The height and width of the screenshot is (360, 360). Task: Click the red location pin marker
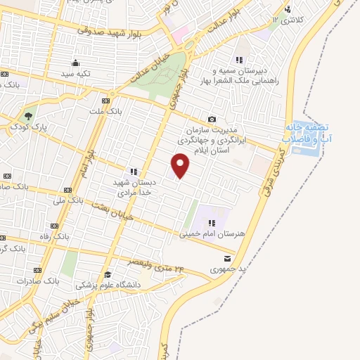point(181,165)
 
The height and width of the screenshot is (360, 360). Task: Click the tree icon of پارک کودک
point(28,116)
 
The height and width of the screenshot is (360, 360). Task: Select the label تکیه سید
point(76,73)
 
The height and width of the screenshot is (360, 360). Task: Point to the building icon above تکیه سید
point(76,63)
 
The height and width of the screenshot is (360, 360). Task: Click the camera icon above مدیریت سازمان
point(212,120)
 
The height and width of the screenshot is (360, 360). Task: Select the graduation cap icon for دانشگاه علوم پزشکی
point(108,275)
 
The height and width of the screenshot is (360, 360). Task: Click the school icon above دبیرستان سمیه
point(239,60)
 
